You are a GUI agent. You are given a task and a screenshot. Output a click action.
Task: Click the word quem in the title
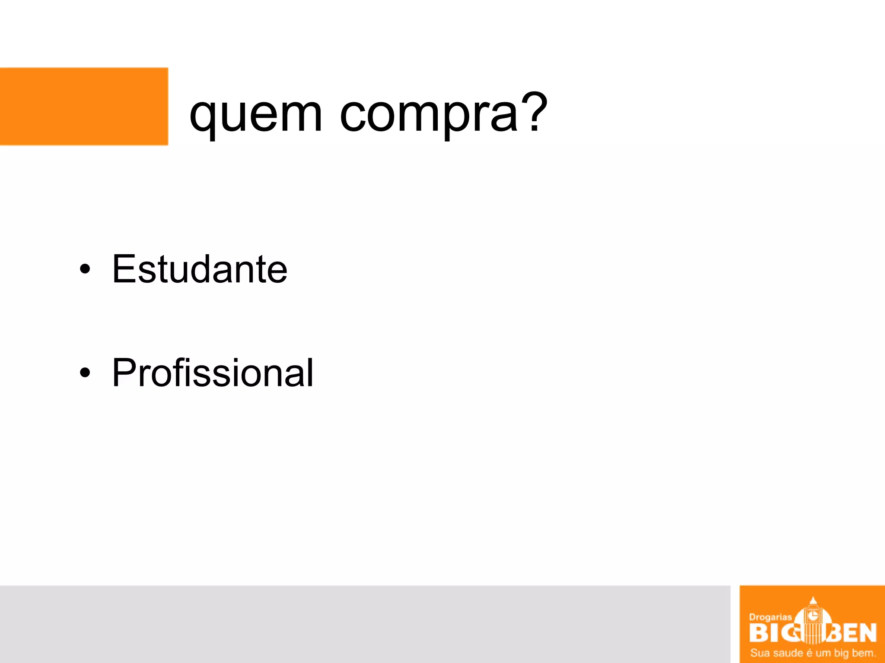pyautogui.click(x=256, y=115)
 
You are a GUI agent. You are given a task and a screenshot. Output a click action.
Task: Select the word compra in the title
pyautogui.click(x=429, y=115)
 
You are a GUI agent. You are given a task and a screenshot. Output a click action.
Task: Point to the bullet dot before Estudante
pyautogui.click(x=85, y=269)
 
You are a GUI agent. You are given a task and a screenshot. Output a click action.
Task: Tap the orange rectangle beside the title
pyautogui.click(x=84, y=106)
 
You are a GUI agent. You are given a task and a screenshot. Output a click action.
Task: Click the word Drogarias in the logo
pyautogui.click(x=770, y=617)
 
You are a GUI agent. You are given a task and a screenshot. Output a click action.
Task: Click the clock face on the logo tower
pyautogui.click(x=813, y=615)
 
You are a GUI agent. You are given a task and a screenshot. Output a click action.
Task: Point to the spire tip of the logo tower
pyautogui.click(x=813, y=598)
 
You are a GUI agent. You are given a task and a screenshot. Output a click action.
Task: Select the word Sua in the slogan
pyautogui.click(x=759, y=653)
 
